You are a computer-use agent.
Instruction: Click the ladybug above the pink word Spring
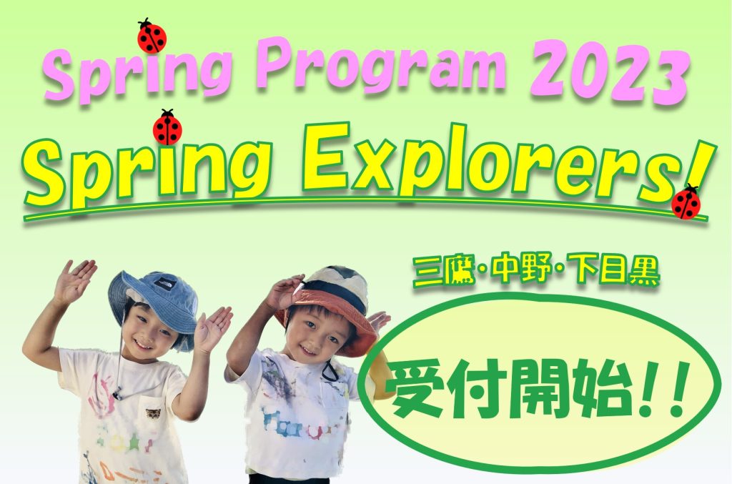pos(152,36)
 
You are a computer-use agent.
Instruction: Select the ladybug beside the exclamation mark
pos(687,203)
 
